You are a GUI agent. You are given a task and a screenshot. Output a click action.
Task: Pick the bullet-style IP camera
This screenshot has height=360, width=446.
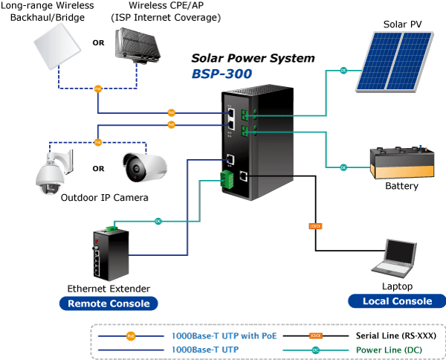[x=146, y=167]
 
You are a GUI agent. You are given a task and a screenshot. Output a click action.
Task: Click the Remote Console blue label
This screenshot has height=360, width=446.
[x=109, y=303]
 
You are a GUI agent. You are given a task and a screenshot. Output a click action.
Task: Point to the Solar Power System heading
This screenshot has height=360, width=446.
[x=253, y=58]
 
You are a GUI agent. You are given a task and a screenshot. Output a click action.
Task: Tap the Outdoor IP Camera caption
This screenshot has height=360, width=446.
[x=104, y=198]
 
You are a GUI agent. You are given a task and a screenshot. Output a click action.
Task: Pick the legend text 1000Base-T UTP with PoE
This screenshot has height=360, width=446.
[x=224, y=336]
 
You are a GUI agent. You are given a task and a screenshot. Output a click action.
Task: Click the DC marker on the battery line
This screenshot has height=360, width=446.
[x=343, y=167]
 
